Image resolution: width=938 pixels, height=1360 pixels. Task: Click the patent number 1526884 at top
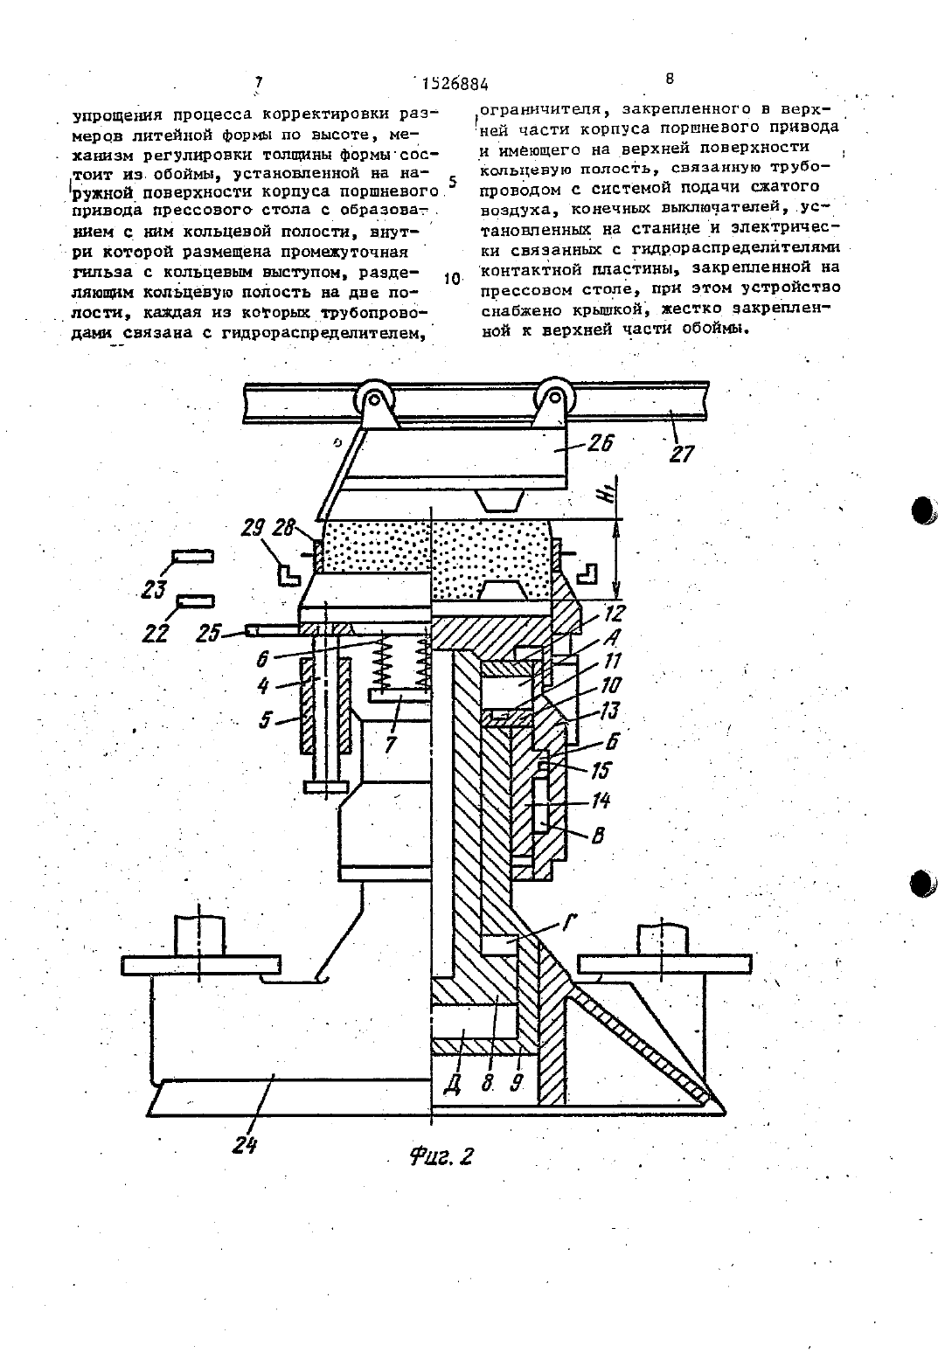pos(455,83)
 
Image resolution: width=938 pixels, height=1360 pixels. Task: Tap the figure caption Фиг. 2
pos(441,1155)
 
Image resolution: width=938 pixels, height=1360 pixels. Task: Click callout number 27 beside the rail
pos(681,454)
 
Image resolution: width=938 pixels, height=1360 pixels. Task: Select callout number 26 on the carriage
pos(600,442)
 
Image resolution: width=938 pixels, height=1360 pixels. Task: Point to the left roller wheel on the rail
pos(373,399)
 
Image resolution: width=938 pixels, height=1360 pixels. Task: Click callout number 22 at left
pos(155,634)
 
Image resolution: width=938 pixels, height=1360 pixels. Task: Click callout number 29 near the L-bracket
pos(253,528)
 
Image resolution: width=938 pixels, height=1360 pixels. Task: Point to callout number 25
pos(209,634)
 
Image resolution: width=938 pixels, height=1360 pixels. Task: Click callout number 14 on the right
pos(601,801)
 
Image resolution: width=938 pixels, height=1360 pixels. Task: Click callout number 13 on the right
pos(608,710)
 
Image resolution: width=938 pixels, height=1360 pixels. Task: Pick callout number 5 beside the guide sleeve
pos(265,721)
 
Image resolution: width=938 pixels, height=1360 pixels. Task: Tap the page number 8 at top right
pos(670,79)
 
